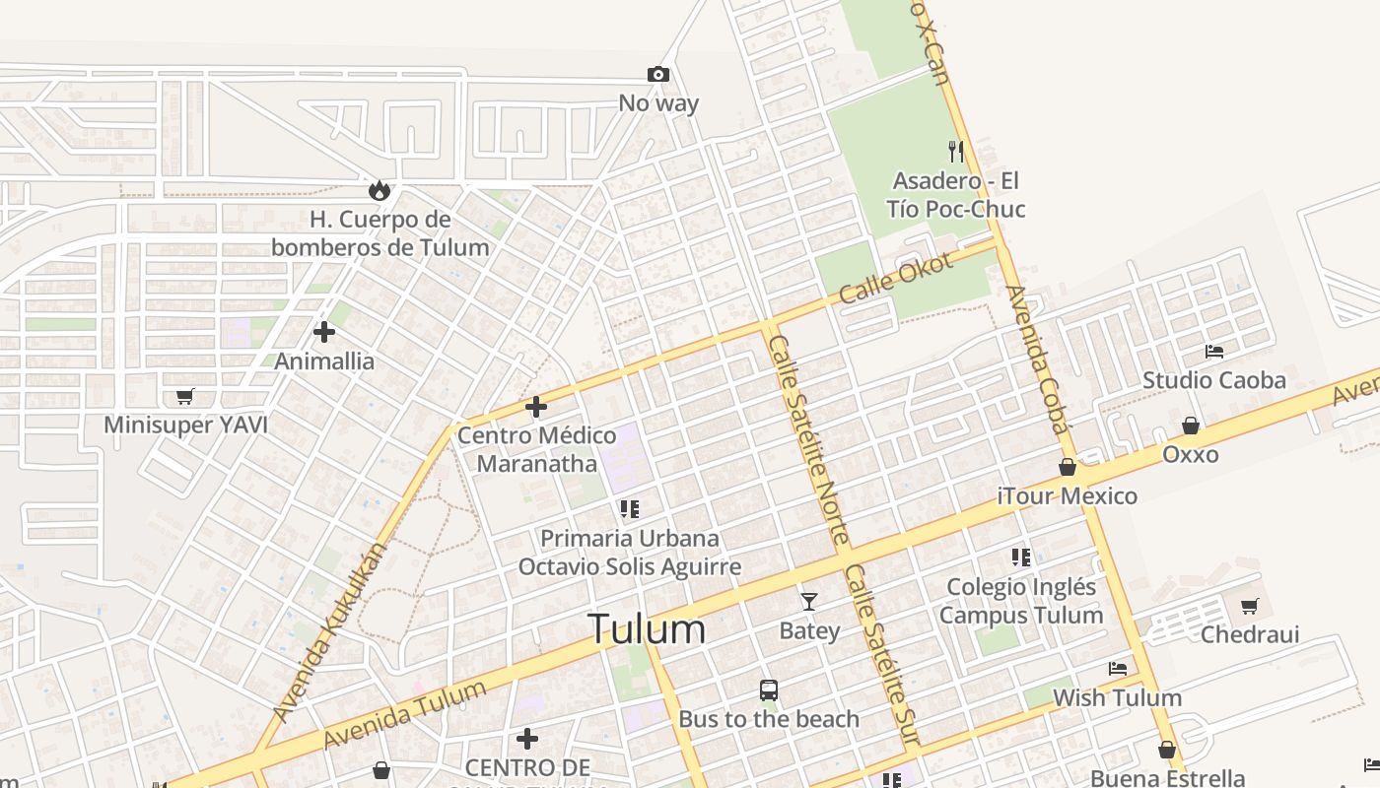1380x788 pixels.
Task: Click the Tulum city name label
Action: tap(647, 629)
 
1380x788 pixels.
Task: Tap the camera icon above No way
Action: tap(657, 74)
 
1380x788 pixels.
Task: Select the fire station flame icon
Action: tap(379, 189)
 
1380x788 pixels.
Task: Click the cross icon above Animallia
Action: tap(323, 332)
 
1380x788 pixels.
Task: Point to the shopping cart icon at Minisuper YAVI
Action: tap(184, 396)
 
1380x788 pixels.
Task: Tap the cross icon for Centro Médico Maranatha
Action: tap(536, 406)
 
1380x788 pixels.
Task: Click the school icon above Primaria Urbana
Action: tap(629, 509)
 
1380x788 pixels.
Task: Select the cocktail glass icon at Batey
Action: tap(809, 601)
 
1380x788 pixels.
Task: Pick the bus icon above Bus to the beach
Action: tap(769, 689)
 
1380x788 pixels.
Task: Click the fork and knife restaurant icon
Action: tap(955, 151)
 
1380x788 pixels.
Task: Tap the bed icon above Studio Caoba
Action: tap(1214, 351)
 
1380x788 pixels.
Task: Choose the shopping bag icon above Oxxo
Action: tap(1191, 426)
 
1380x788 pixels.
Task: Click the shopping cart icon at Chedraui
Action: tap(1250, 606)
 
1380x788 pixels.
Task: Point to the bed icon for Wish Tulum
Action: tap(1117, 669)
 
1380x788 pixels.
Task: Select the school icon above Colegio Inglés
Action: tap(1021, 558)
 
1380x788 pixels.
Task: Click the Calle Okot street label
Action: tap(896, 278)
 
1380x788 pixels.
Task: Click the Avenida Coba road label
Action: tap(1037, 360)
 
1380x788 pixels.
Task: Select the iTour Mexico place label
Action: tap(1068, 495)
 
